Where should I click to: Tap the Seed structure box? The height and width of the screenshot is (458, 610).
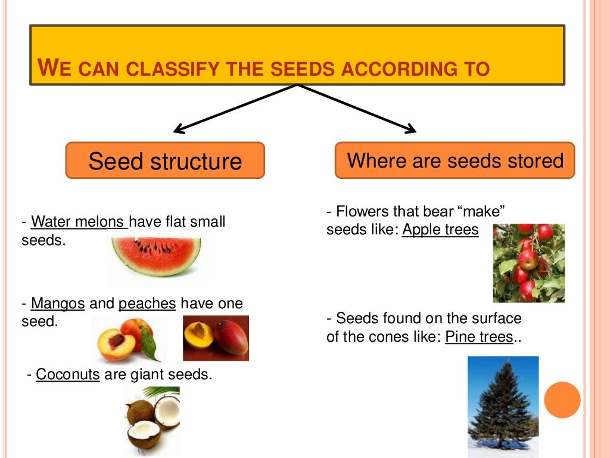(165, 160)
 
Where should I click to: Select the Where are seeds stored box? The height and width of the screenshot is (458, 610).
(455, 160)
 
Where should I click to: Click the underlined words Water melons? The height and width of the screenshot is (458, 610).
(79, 222)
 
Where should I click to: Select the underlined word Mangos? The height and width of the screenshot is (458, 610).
(58, 304)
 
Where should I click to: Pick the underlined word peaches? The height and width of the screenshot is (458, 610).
(147, 304)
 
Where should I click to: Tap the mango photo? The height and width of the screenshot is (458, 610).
(216, 338)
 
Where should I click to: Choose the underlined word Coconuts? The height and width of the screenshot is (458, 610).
(68, 375)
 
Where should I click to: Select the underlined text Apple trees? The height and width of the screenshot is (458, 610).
(440, 230)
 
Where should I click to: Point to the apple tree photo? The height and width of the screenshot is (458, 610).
(528, 263)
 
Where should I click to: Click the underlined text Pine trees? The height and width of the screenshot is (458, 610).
(479, 336)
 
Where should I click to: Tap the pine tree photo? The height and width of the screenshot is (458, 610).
(503, 406)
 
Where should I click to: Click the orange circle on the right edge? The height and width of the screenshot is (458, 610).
(562, 400)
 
